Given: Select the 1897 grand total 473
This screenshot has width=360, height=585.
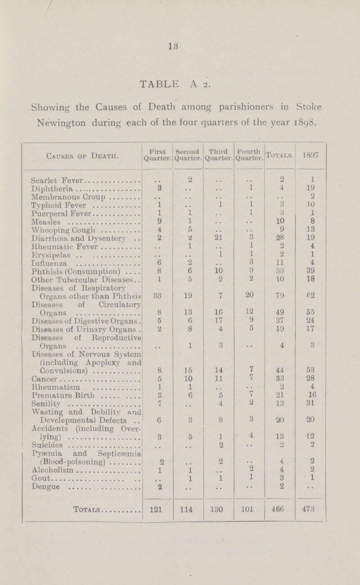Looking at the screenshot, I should coord(308,508).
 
